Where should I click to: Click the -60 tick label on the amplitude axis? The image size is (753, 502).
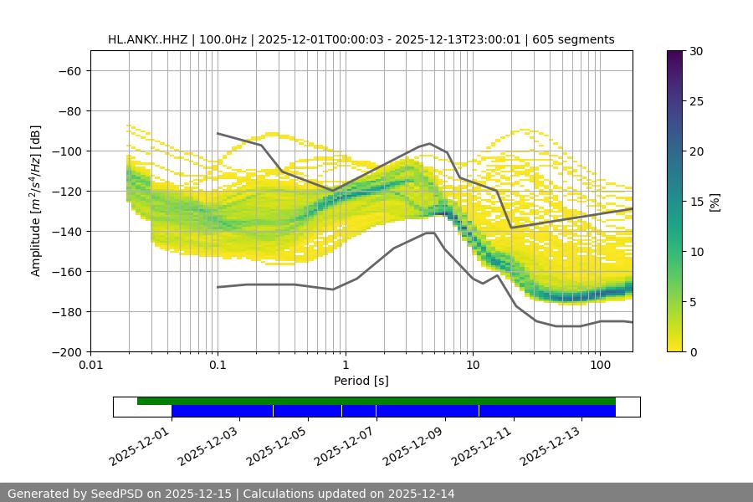tap(69, 70)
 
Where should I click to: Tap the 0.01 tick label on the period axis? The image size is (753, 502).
tap(90, 366)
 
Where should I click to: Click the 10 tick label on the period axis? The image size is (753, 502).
tap(473, 366)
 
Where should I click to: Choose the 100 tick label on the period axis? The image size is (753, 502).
tap(600, 366)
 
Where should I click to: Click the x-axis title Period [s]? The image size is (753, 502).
tap(361, 381)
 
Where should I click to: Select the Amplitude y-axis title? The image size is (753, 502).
tap(36, 201)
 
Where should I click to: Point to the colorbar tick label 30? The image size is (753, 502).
tap(695, 51)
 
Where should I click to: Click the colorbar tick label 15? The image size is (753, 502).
tap(695, 202)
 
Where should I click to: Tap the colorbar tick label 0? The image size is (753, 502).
tap(692, 352)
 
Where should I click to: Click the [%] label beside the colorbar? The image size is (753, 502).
tap(715, 202)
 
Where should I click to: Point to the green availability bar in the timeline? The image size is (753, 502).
tap(376, 401)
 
